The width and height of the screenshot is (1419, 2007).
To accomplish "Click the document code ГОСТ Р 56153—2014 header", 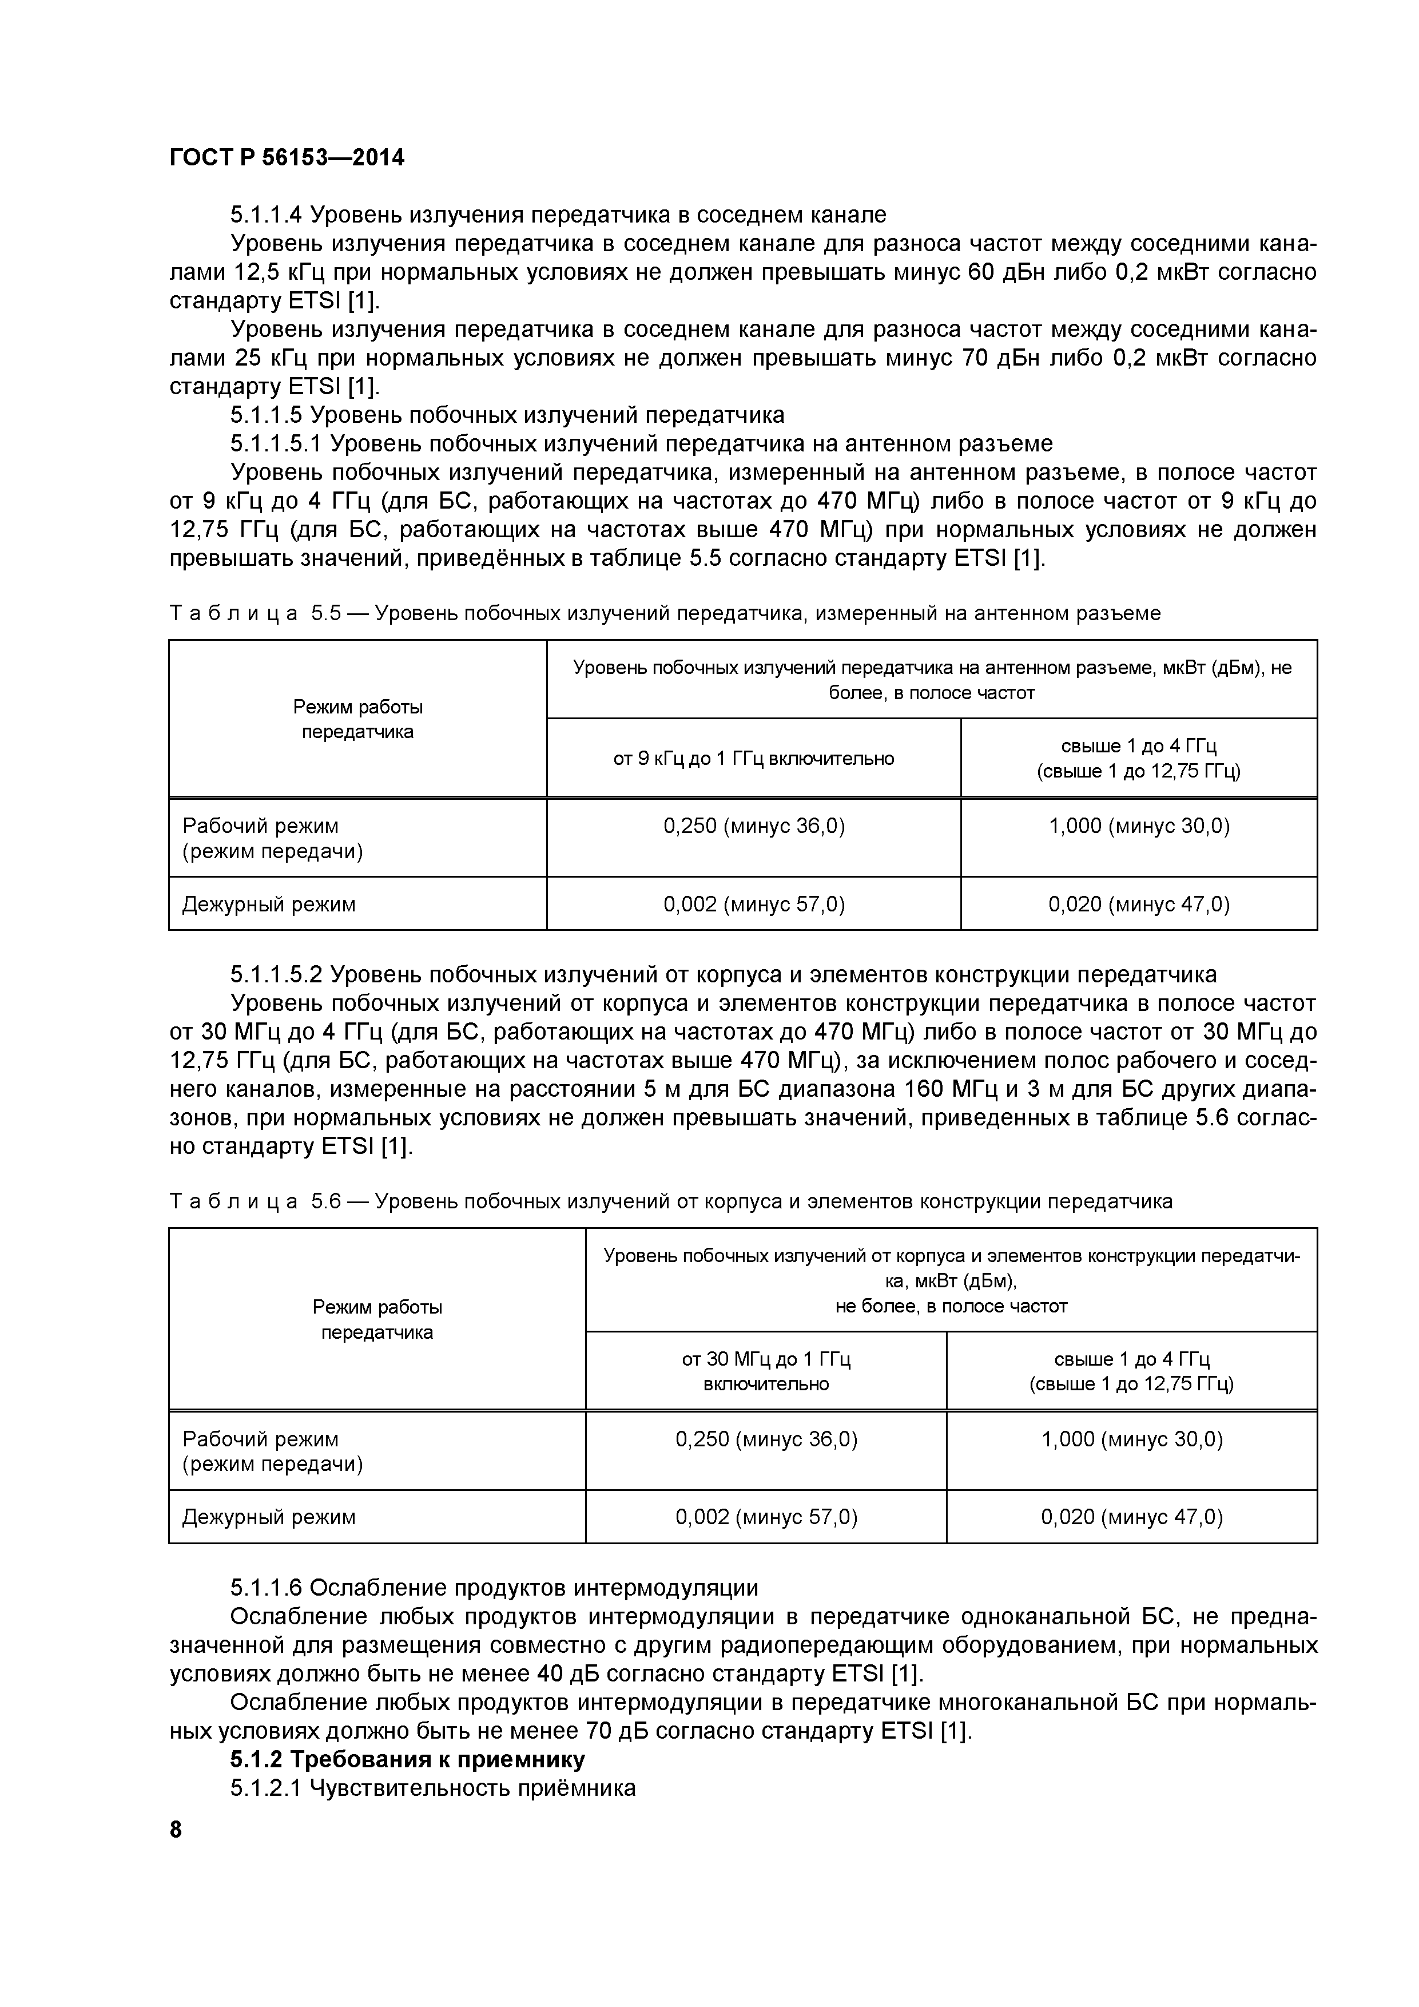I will [x=287, y=158].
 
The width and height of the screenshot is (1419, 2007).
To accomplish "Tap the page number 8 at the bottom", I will [x=176, y=1830].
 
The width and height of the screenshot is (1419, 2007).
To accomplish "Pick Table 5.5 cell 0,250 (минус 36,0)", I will [x=753, y=826].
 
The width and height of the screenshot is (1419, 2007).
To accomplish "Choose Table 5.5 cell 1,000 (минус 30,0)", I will [x=1139, y=826].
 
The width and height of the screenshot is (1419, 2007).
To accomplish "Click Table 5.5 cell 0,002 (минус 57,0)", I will [x=753, y=904].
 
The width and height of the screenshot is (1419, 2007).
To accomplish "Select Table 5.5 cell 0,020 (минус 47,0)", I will [x=1139, y=904].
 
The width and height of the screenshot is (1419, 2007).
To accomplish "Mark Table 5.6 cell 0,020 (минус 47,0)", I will [x=1131, y=1517].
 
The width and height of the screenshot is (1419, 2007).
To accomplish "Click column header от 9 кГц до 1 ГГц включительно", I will [x=753, y=759].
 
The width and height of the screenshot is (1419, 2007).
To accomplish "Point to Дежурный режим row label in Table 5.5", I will [x=269, y=905].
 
